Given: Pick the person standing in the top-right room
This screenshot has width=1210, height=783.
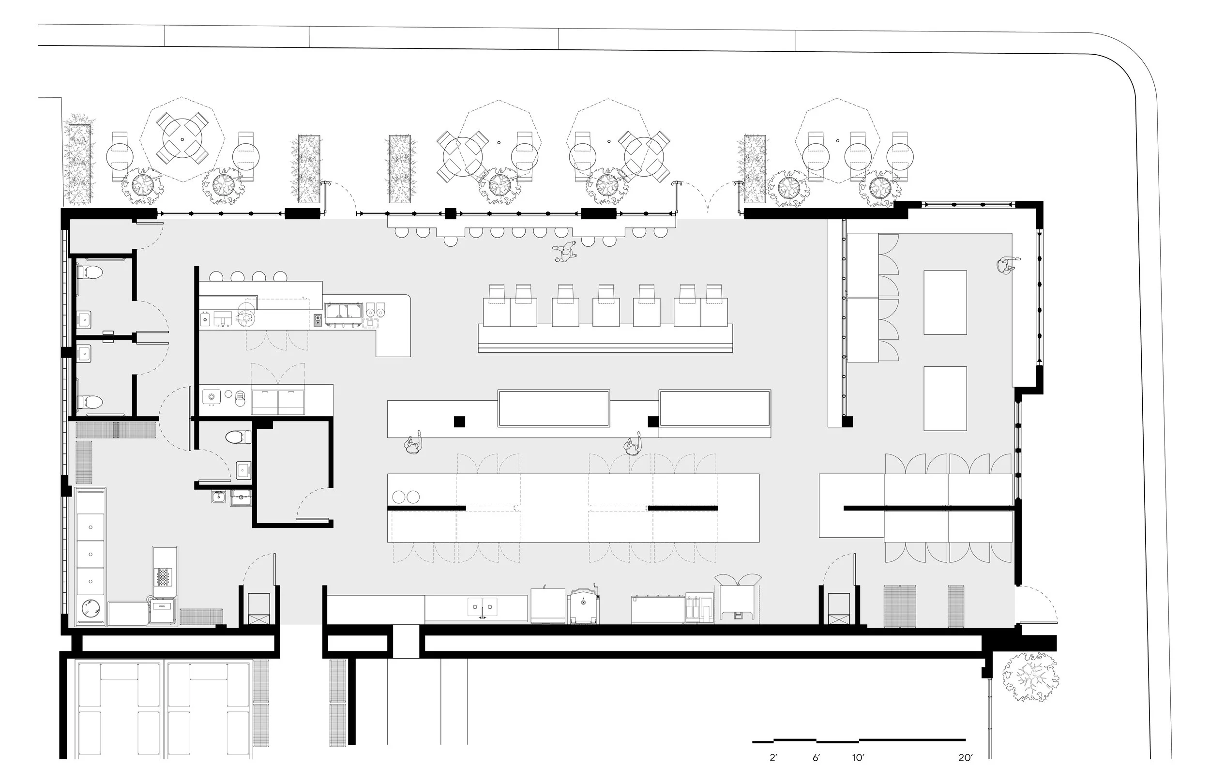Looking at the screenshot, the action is (x=1006, y=265).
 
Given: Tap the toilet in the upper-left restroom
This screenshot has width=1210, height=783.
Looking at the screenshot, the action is (x=90, y=272).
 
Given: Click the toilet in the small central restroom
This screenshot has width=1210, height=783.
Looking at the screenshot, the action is (x=238, y=437).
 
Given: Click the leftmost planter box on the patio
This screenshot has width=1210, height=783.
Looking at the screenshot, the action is (x=79, y=164).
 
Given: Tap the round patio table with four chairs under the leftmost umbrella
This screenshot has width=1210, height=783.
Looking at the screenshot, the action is (x=182, y=139).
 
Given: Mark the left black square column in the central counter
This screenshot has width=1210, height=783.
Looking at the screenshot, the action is (x=459, y=422).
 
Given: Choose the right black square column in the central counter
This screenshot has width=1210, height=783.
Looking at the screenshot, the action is (x=653, y=422).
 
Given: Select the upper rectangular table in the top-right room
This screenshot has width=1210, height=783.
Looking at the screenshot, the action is (x=945, y=302).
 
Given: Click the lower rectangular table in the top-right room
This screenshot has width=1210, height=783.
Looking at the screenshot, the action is (x=945, y=398).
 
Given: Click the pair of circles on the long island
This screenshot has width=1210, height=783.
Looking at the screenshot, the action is (x=406, y=496).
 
